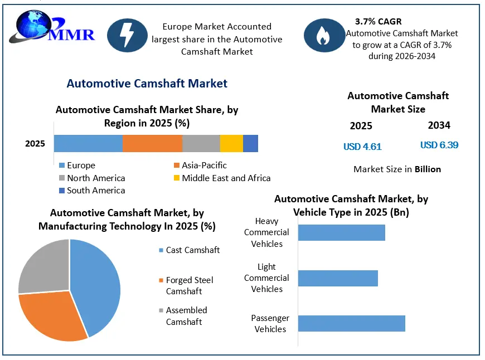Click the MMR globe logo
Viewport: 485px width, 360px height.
click(51, 27)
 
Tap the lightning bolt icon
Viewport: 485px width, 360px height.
click(127, 35)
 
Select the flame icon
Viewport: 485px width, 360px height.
click(324, 35)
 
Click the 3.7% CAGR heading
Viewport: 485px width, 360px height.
click(379, 22)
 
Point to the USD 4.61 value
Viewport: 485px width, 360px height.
click(362, 147)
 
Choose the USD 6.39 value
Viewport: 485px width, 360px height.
click(439, 145)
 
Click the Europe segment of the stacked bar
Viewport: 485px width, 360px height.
click(88, 144)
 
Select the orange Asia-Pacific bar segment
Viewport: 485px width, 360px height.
click(153, 144)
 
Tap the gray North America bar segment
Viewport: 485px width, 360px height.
click(201, 144)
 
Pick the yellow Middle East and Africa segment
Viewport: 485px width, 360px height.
click(232, 144)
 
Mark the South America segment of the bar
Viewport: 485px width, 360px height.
click(250, 144)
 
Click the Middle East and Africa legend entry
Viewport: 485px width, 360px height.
click(222, 178)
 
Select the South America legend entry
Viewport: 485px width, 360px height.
click(92, 191)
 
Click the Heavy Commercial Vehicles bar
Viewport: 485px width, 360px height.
click(342, 232)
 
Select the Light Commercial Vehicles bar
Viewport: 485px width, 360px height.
click(338, 278)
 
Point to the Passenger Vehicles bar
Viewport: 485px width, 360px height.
click(352, 324)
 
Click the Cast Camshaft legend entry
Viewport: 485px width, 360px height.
click(190, 250)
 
